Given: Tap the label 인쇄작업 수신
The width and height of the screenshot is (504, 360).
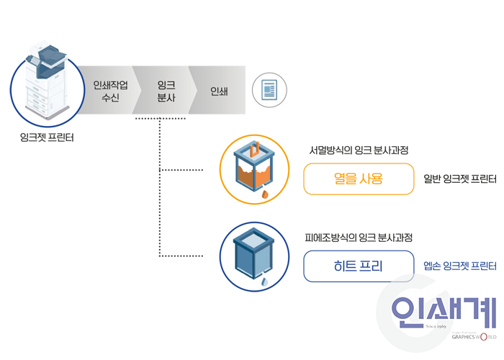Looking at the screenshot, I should tap(111, 91).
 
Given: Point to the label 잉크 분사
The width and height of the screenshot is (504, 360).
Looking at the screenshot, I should tap(167, 91).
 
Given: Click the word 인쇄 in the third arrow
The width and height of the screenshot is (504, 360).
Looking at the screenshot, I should tap(217, 91).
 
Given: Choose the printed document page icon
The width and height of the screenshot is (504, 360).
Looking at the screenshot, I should tap(266, 91).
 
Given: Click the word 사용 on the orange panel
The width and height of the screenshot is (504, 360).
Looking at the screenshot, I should tap(372, 179).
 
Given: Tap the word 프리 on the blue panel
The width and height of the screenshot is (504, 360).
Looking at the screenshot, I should tap(372, 266).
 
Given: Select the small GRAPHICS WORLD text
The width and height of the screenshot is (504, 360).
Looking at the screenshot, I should tap(472, 336).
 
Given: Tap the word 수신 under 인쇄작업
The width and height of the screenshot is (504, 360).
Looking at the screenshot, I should tap(111, 97).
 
